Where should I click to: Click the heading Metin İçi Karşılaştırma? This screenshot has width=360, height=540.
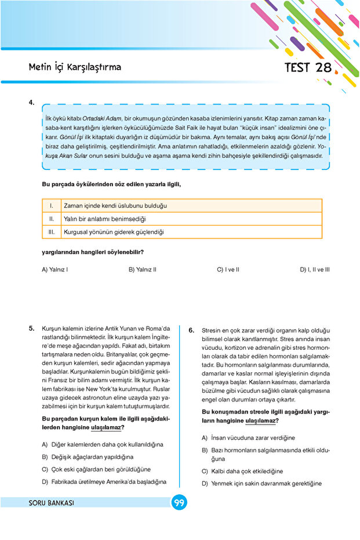click(75, 67)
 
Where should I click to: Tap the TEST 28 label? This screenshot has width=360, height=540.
click(308, 67)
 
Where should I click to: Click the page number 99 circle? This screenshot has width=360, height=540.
click(179, 502)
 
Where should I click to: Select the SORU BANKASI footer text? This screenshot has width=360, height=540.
click(52, 503)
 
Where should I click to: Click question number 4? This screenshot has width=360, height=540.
click(32, 103)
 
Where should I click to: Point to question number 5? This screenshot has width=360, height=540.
click(32, 328)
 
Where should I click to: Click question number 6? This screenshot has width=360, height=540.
click(192, 330)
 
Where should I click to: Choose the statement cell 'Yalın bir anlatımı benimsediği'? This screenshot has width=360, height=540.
click(96, 219)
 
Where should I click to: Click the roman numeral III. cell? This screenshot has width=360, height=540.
click(52, 232)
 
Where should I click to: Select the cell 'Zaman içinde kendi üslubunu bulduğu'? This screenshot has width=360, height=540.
click(115, 206)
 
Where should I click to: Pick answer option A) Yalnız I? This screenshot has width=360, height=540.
click(55, 270)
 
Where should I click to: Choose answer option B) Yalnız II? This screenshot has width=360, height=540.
click(143, 270)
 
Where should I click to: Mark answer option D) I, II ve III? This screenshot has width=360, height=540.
click(314, 270)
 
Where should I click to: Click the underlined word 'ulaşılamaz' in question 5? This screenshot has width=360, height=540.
click(106, 428)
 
